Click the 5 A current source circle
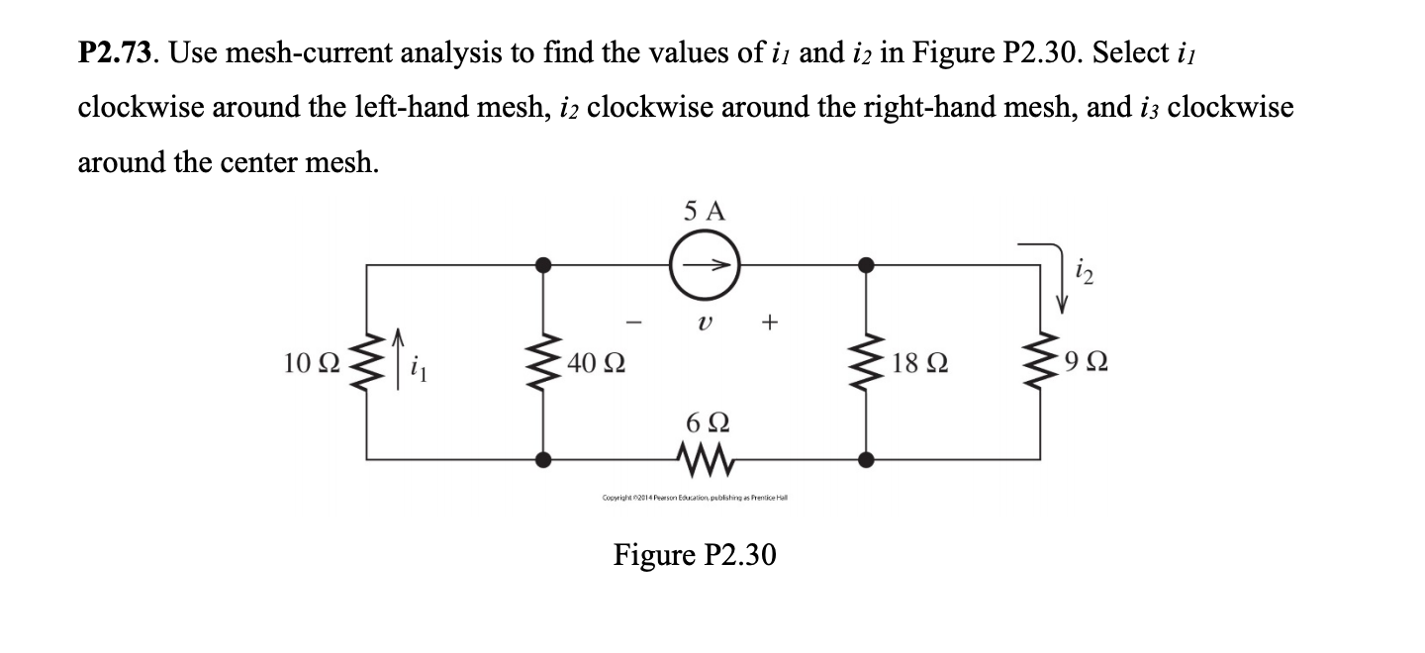point(704,265)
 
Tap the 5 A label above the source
point(704,211)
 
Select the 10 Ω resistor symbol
point(367,363)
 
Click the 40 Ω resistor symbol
point(542,363)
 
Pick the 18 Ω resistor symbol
point(866,363)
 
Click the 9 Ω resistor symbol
point(1040,363)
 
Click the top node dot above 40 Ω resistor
point(542,264)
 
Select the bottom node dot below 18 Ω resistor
point(866,459)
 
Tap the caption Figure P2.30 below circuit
point(695,555)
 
